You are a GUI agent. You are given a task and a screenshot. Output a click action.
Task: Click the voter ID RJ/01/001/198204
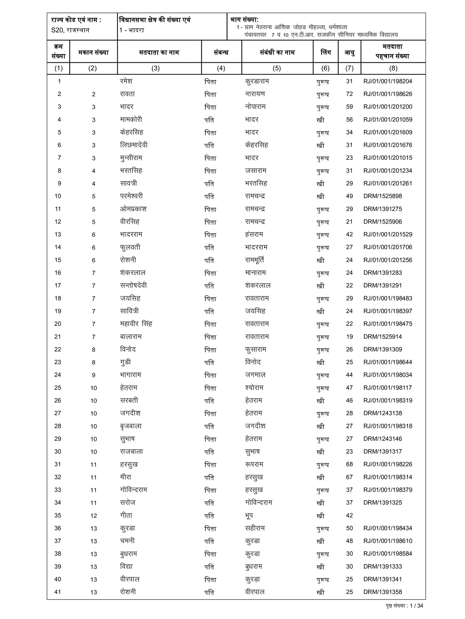click(387, 81)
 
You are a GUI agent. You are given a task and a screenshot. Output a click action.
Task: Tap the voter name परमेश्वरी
click(131, 196)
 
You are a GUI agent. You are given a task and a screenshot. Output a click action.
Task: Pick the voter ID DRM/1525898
click(382, 196)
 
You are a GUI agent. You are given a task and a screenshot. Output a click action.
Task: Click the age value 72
click(350, 94)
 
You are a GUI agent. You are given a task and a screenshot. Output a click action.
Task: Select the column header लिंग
click(325, 52)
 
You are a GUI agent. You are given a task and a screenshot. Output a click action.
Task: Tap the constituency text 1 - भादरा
click(132, 30)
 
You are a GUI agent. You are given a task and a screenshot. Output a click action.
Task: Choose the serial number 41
click(58, 592)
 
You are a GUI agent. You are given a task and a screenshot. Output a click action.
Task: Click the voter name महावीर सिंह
click(136, 324)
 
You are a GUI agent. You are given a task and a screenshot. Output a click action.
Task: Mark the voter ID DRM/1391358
click(382, 592)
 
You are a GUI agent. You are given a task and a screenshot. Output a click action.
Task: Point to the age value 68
click(350, 464)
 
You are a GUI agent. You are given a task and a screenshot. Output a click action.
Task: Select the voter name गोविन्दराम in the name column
click(134, 490)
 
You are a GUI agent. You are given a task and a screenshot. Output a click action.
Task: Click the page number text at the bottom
click(402, 606)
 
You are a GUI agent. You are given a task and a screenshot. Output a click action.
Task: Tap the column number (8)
click(393, 68)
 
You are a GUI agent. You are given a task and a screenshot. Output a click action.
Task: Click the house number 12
click(94, 516)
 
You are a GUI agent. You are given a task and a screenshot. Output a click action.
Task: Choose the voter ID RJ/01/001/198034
click(387, 375)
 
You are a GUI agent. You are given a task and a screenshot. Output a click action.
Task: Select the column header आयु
click(350, 52)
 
